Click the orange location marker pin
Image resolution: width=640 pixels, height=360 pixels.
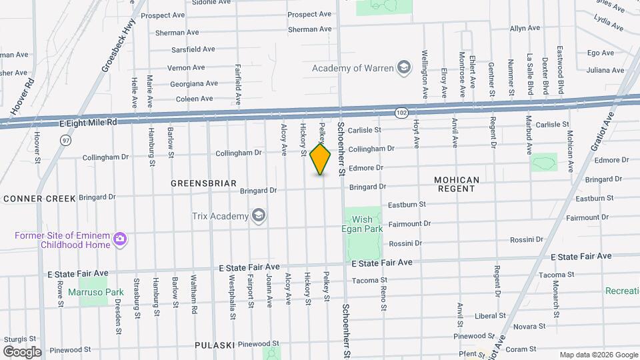tap(321, 159)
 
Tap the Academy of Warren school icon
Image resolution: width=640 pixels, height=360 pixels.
tap(403, 68)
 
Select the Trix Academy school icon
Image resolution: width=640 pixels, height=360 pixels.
tap(258, 215)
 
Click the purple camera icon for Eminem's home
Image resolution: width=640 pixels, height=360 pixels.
tap(120, 239)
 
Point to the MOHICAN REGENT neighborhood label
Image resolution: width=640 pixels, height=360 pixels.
tap(457, 184)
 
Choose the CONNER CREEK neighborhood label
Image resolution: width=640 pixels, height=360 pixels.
tap(39, 199)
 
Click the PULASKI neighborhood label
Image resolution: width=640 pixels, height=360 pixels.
tap(214, 345)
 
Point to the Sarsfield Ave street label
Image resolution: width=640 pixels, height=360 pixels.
tap(192, 49)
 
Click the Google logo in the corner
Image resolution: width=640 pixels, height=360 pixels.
tap(21, 351)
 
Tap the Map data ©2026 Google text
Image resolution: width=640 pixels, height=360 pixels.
tap(597, 355)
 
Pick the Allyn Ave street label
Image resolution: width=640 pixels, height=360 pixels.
tap(525, 29)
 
